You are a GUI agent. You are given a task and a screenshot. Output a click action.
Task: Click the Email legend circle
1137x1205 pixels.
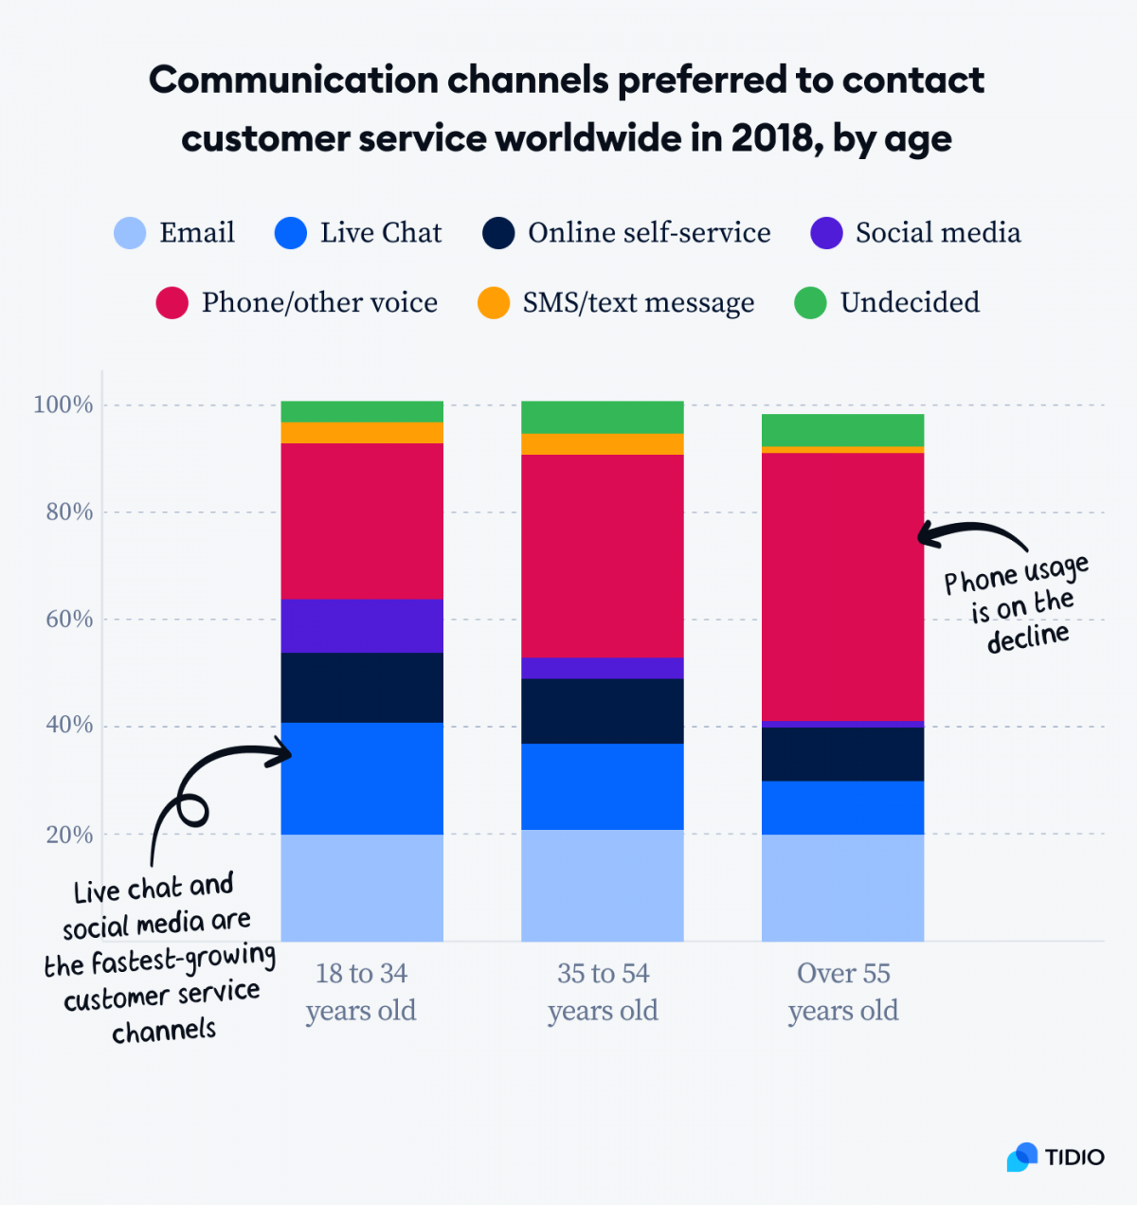coord(130,233)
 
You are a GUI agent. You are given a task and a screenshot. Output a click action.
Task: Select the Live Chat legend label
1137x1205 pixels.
coord(380,233)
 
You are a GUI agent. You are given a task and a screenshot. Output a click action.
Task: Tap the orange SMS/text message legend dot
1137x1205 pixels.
coord(494,303)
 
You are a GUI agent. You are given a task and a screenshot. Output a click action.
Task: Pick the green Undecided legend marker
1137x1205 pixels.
coord(810,303)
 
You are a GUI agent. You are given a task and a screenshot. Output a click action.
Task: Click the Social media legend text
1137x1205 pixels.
coord(938,233)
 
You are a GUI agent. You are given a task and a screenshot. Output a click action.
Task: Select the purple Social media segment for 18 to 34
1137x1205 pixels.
coord(362,626)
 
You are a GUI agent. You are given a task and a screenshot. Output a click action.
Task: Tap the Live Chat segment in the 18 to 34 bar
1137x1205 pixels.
coord(362,779)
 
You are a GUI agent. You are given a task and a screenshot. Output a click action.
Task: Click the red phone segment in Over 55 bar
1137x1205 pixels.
coord(842,587)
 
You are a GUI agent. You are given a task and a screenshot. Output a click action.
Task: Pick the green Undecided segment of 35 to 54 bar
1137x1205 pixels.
coord(603,417)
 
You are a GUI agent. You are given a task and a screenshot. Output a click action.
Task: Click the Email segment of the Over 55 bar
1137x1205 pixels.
coord(842,888)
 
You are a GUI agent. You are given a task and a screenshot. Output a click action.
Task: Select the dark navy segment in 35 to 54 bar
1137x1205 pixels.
coord(603,710)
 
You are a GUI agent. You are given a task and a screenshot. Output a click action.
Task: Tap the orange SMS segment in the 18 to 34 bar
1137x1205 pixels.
coord(362,433)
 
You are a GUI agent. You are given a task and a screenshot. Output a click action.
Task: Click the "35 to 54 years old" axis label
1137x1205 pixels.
coord(603,992)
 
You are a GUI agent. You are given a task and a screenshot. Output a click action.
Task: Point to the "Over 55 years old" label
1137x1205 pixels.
coord(842,992)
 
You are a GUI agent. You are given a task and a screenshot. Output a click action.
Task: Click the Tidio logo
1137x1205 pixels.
coord(1055,1157)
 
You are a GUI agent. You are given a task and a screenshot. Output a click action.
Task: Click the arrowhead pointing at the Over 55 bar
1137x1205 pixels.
coord(924,536)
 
